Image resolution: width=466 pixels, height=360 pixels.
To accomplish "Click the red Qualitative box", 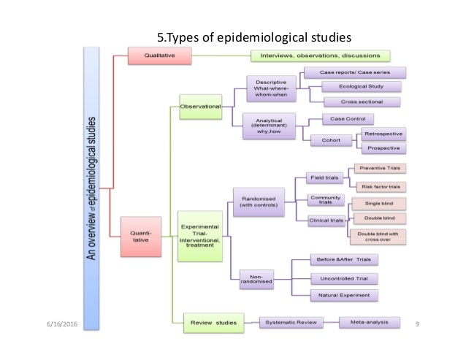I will (160, 55).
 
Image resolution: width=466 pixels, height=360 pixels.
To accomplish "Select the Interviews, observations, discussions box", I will (319, 55).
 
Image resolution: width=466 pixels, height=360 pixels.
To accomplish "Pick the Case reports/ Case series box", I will (354, 73).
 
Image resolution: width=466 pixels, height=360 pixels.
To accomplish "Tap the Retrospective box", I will (383, 134).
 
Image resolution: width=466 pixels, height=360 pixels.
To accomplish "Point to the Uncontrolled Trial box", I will (344, 278).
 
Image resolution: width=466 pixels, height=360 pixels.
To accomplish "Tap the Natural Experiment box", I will (344, 296).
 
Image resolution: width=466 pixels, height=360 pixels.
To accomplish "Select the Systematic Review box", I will (290, 321).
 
